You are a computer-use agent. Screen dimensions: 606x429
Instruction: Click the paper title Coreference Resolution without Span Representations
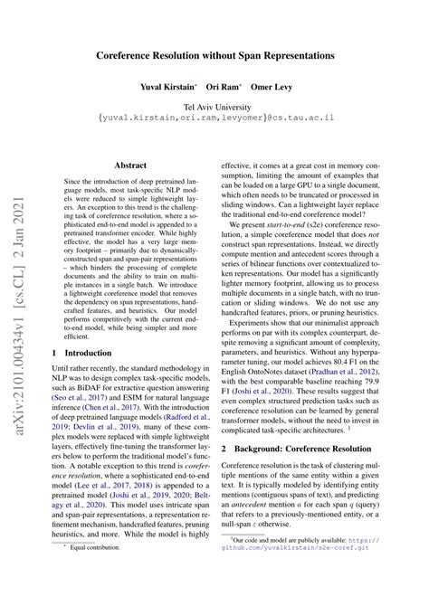point(214,55)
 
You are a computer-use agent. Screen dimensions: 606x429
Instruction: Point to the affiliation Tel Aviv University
point(214,107)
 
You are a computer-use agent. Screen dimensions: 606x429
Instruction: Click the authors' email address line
point(214,118)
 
